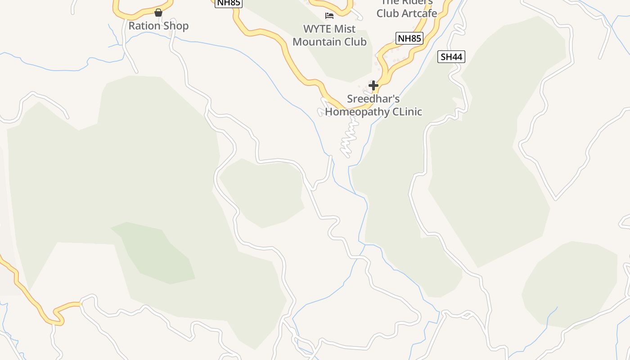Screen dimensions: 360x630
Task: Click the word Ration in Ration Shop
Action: (144, 26)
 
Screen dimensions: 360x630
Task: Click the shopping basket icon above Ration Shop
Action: (158, 13)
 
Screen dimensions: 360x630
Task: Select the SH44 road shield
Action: (451, 57)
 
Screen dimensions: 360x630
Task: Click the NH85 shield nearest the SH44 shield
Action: (409, 38)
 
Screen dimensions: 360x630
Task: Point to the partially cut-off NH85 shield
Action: (229, 3)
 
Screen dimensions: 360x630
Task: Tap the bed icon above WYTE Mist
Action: (329, 16)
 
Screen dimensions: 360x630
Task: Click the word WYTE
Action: (317, 29)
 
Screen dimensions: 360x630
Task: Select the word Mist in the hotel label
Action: (345, 29)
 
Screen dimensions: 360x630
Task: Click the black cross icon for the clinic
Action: (373, 85)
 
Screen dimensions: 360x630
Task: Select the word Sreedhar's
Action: (373, 99)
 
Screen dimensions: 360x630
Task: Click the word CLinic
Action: (408, 111)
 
